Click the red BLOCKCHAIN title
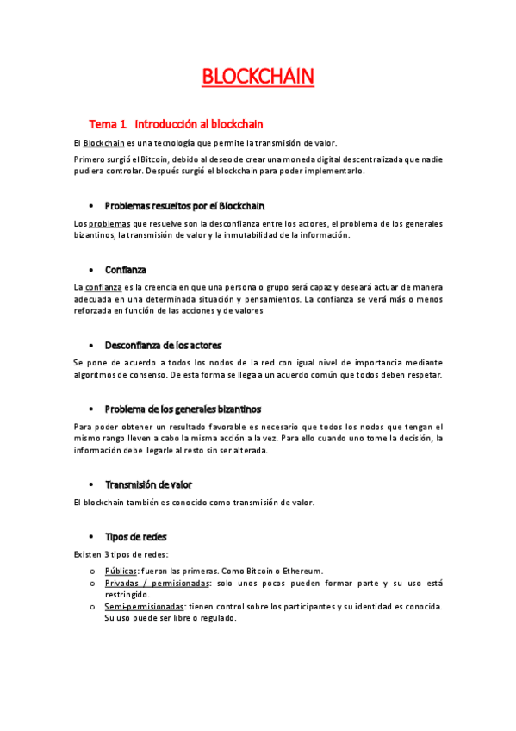(x=258, y=78)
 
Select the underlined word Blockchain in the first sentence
(x=104, y=143)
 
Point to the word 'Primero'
(x=89, y=159)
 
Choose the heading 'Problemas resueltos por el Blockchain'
(x=184, y=206)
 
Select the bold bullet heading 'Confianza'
(x=126, y=270)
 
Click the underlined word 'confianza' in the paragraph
(x=103, y=287)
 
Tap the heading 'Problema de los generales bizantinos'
(x=183, y=409)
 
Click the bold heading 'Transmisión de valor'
(x=148, y=484)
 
